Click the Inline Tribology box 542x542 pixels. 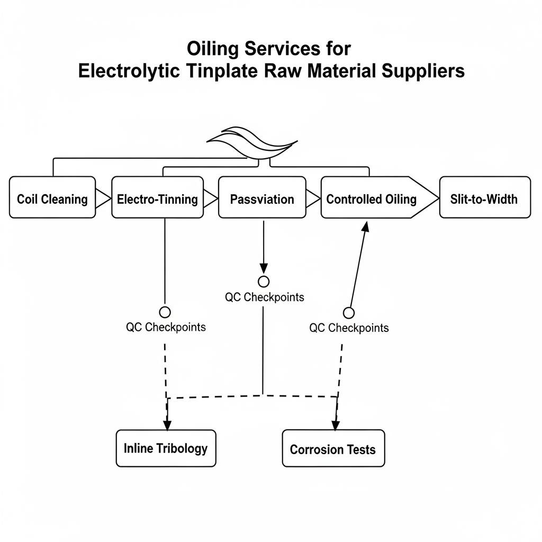click(166, 448)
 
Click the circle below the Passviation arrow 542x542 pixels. click(264, 281)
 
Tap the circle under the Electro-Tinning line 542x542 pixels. click(165, 312)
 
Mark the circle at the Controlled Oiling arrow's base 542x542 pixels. click(349, 313)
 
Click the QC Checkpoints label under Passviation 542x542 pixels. click(265, 297)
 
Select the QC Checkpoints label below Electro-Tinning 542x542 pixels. click(166, 327)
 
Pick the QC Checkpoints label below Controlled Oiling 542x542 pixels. click(349, 328)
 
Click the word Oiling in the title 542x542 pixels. click(214, 49)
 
